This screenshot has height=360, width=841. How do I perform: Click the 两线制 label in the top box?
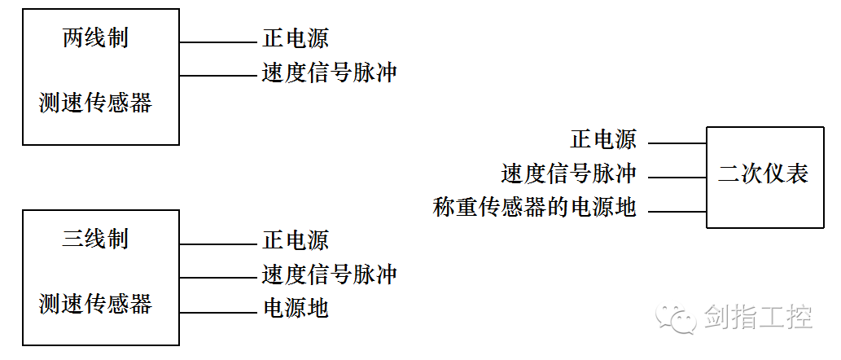(95, 38)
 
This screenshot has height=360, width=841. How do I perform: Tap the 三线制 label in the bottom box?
(95, 239)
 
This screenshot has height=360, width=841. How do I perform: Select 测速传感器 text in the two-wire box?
(95, 103)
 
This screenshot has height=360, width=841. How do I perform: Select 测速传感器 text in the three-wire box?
(95, 304)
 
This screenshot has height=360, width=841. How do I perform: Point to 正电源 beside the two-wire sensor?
(296, 38)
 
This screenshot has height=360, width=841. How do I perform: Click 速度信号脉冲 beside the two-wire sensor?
(329, 72)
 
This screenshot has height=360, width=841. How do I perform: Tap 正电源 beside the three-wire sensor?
(296, 240)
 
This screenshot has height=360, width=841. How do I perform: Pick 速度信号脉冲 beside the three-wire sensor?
(329, 274)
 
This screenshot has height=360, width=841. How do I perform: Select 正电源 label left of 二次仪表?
(603, 139)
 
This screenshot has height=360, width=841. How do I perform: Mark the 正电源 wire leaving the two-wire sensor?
(217, 42)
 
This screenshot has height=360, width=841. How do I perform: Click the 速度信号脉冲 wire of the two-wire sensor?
(217, 76)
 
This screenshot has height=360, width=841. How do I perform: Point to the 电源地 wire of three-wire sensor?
(217, 312)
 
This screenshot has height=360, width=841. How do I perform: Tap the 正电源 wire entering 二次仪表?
(677, 143)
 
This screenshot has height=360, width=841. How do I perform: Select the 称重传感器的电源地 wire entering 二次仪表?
(677, 212)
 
